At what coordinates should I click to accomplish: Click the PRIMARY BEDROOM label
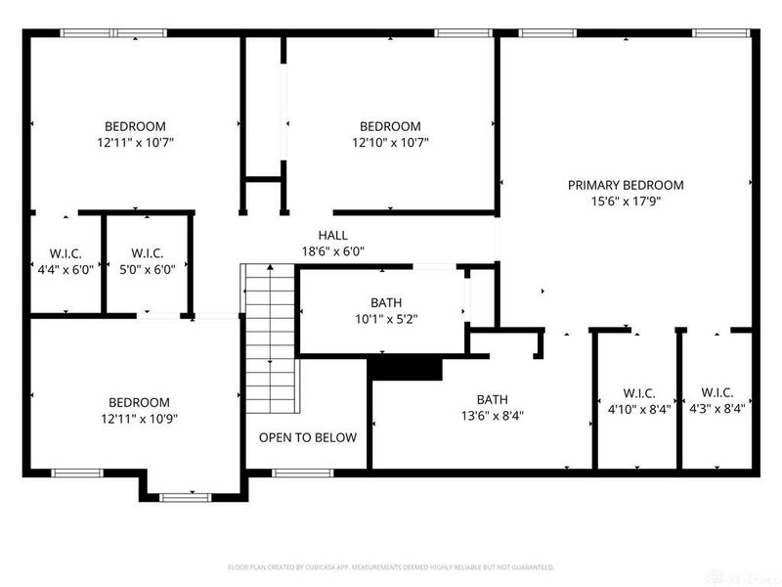tap(626, 185)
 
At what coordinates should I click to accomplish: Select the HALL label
tap(332, 235)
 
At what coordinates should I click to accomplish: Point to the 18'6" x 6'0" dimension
tap(332, 251)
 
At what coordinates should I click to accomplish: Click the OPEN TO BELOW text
tap(307, 437)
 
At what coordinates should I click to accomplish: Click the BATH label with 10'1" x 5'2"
tap(385, 303)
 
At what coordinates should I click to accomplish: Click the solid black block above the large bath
tap(405, 368)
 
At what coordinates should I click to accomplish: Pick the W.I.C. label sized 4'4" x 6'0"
tap(65, 252)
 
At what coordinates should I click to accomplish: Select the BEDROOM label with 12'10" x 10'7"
tap(390, 126)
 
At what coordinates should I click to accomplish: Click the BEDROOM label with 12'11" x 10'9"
tap(138, 402)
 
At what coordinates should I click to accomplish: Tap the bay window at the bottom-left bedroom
tap(185, 497)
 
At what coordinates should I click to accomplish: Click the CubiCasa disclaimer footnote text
tap(391, 567)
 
